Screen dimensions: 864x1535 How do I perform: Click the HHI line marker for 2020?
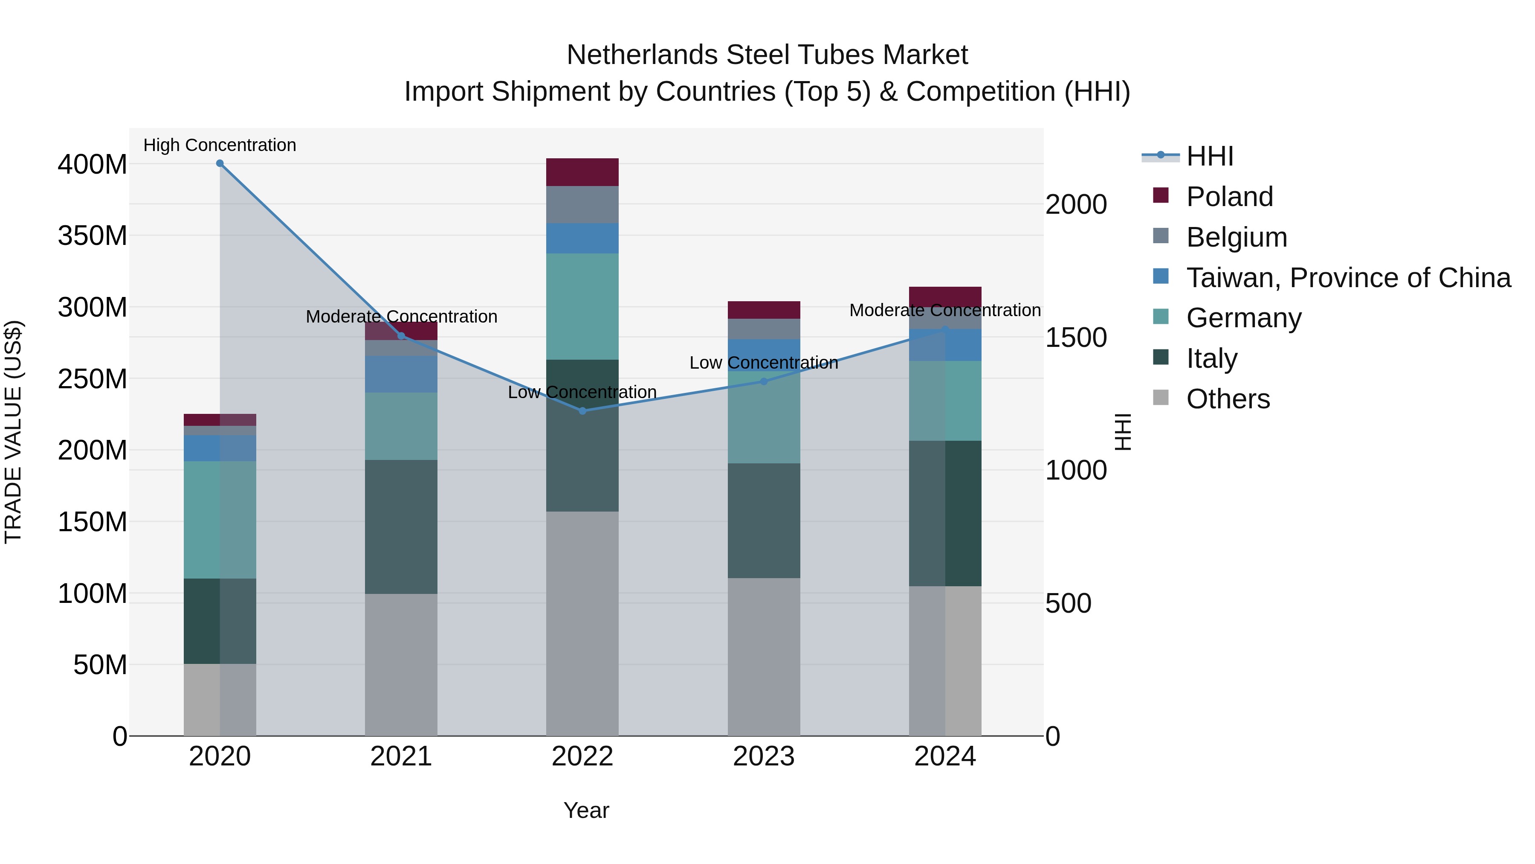point(220,163)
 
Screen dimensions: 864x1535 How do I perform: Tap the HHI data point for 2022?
point(582,411)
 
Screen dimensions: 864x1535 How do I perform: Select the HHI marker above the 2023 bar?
point(764,381)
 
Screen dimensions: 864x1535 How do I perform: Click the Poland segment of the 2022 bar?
point(582,172)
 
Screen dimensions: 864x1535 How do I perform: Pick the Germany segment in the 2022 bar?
point(582,306)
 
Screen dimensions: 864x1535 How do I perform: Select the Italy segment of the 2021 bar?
point(401,527)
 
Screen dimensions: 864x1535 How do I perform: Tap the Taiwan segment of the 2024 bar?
point(945,345)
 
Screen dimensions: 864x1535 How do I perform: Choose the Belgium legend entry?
point(1237,237)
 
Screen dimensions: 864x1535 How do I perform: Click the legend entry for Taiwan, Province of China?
point(1348,278)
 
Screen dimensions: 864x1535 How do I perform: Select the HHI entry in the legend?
point(1209,156)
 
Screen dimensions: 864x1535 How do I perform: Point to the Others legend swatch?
point(1161,398)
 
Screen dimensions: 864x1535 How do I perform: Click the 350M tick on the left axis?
point(93,236)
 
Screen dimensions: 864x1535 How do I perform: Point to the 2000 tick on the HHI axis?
point(1076,204)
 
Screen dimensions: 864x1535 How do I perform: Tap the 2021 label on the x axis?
point(401,756)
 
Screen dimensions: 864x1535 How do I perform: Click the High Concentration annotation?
point(220,145)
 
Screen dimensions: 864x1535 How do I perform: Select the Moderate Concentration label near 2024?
point(944,310)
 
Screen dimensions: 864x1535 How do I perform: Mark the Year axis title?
point(586,810)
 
